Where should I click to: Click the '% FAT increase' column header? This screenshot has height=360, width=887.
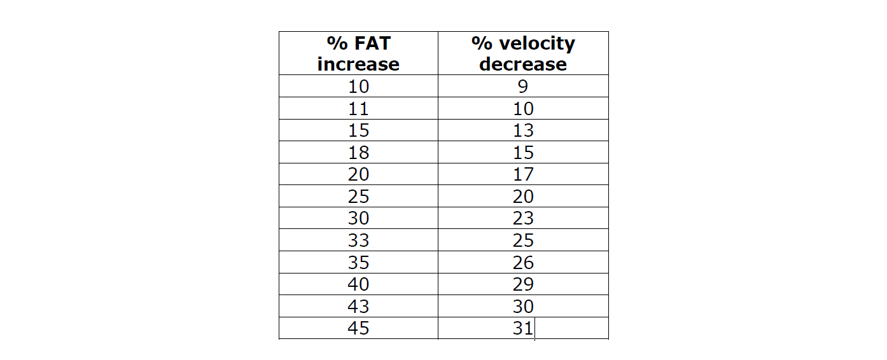[358, 53]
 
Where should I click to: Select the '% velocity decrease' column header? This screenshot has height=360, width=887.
[523, 53]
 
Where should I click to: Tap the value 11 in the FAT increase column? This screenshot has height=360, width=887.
[358, 109]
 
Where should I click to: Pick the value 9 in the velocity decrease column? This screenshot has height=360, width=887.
[523, 87]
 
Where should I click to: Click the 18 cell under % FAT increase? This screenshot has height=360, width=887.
[358, 153]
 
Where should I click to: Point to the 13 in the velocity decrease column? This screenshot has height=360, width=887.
[523, 130]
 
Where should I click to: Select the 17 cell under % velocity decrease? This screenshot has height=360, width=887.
[523, 174]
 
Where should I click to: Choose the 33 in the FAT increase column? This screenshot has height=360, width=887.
[358, 240]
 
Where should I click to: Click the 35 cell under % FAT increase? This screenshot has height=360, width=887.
[358, 263]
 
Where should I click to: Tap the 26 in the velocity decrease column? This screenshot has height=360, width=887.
[523, 263]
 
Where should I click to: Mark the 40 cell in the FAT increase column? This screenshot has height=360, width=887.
[358, 284]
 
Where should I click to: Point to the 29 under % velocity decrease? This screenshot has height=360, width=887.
[523, 284]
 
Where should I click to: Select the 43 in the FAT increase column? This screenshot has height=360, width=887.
[358, 307]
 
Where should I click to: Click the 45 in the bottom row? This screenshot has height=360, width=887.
[358, 328]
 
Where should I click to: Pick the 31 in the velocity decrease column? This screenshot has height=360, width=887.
[523, 328]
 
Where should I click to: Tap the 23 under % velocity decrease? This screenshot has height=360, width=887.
[523, 218]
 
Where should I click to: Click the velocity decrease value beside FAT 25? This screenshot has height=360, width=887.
[523, 197]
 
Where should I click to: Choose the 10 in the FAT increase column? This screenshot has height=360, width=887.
[358, 87]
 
